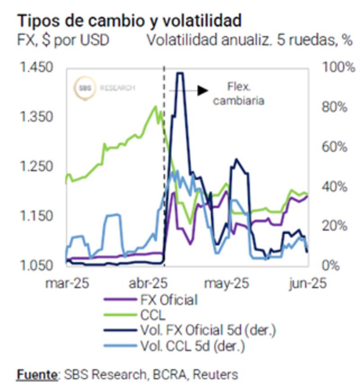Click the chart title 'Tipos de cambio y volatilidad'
pyautogui.click(x=130, y=20)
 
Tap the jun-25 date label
pyautogui.click(x=308, y=284)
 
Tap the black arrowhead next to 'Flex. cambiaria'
pyautogui.click(x=203, y=90)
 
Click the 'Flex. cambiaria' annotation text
pyautogui.click(x=238, y=94)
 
